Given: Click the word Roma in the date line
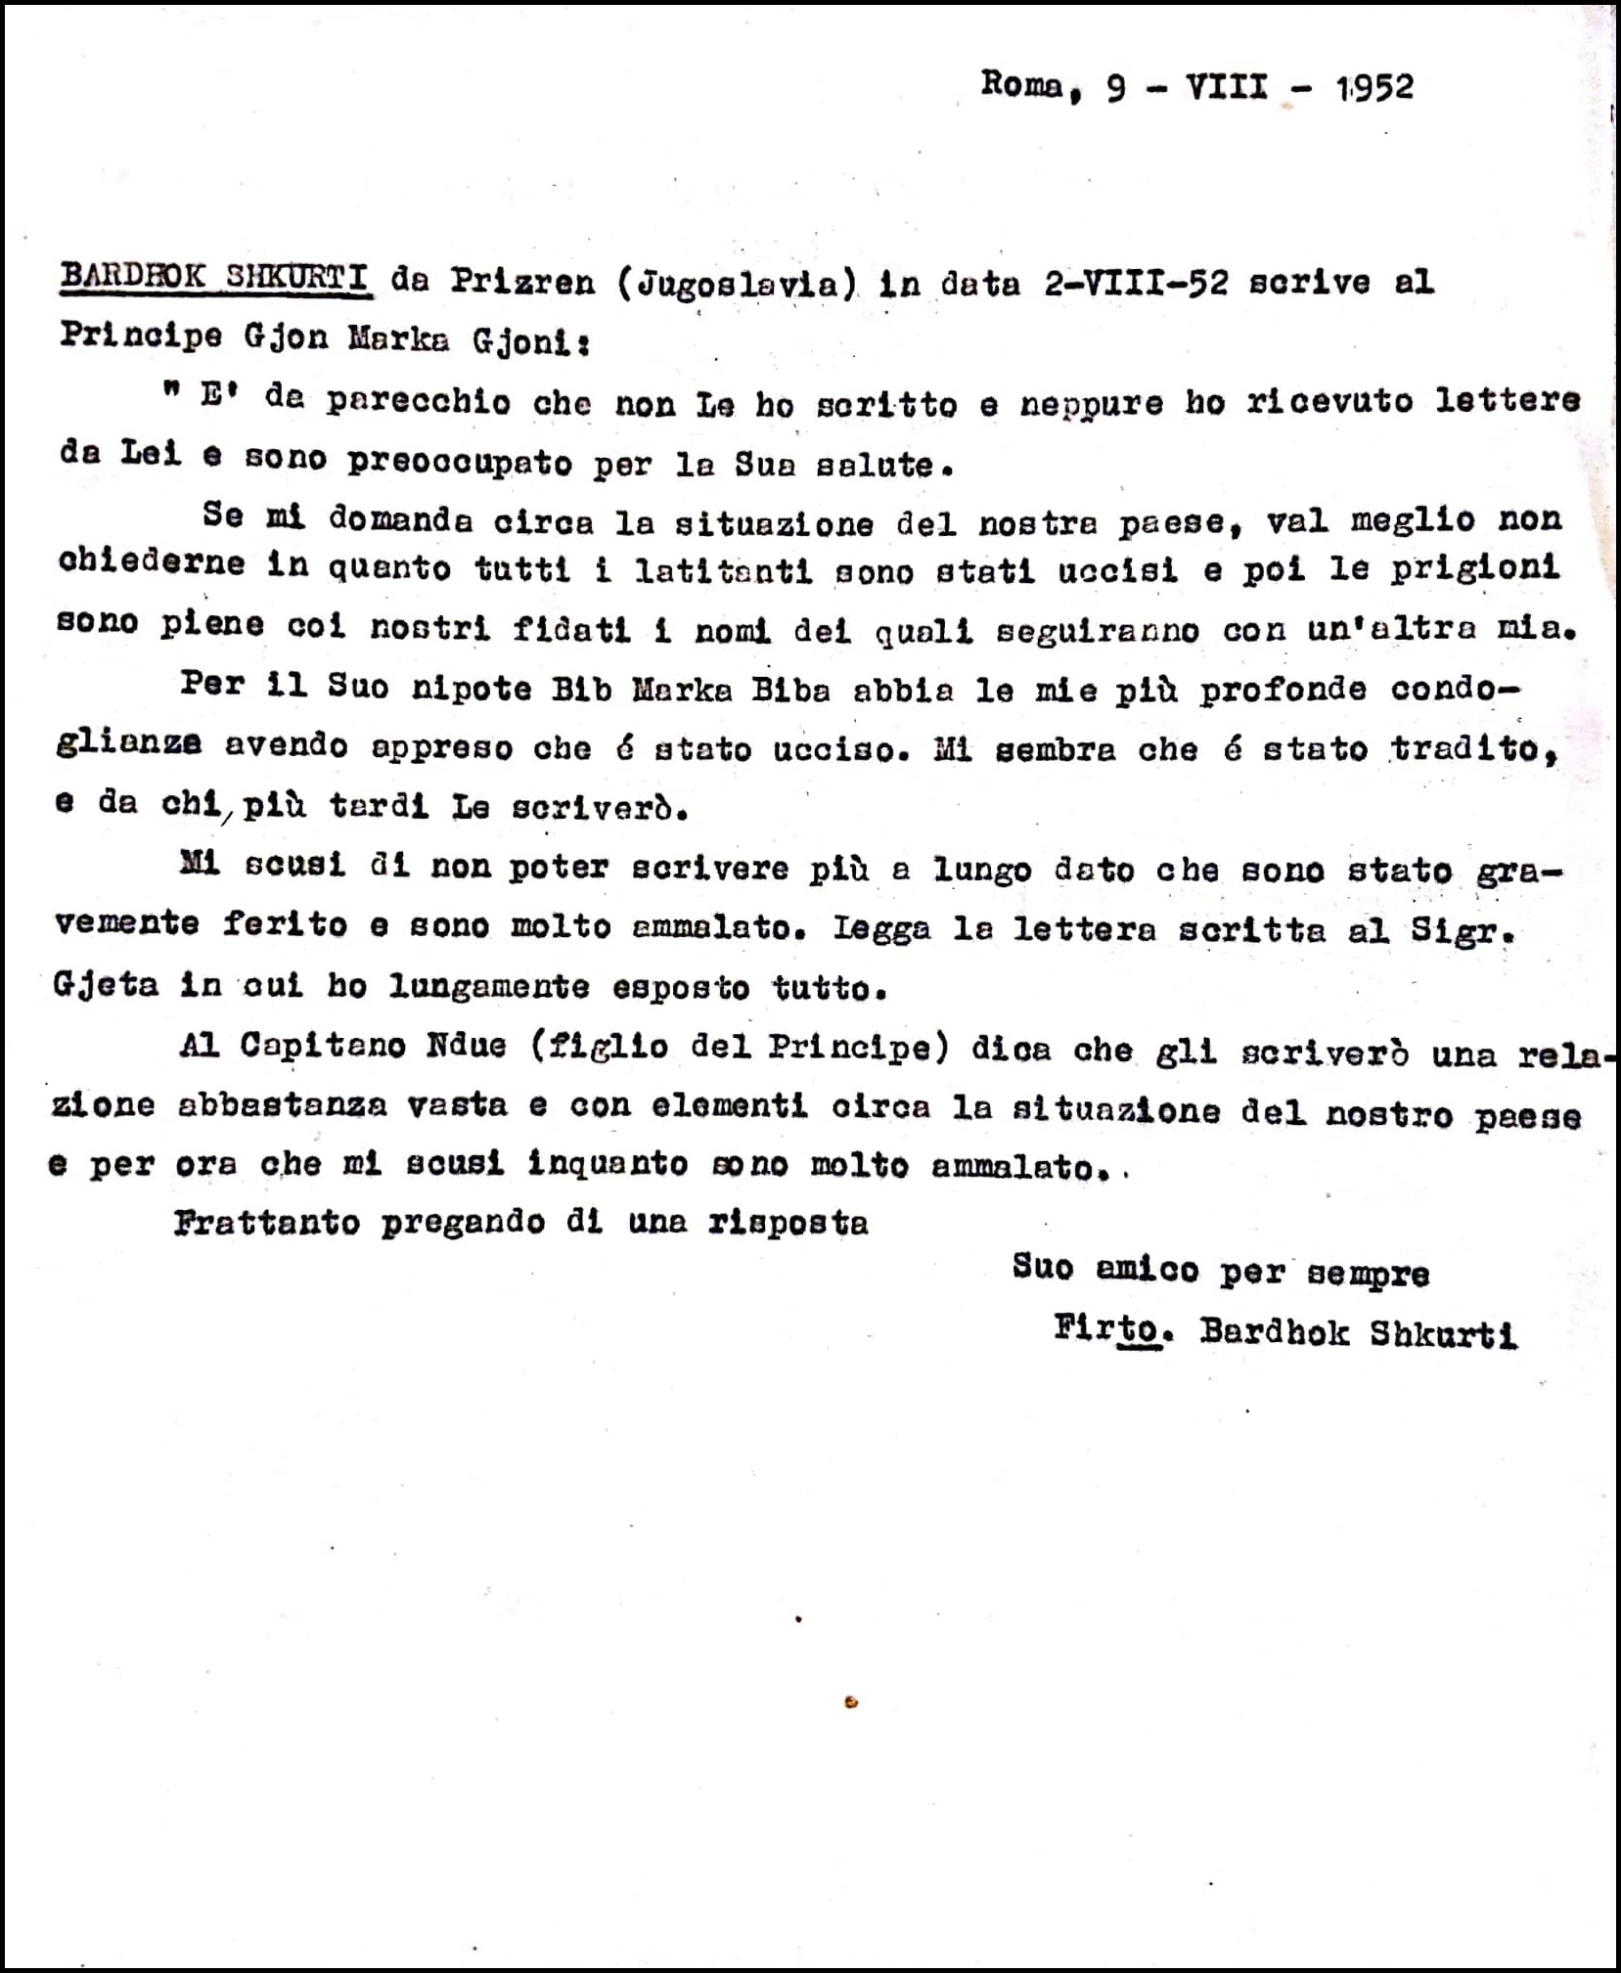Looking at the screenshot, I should coord(1020,85).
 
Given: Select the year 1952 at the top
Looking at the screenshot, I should coord(1374,88).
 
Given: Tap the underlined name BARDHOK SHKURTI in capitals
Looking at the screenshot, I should coord(214,278).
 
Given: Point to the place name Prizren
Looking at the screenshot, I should coord(521,282).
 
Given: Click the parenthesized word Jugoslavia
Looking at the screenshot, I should coord(737,284).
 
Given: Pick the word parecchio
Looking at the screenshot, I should coord(418,402).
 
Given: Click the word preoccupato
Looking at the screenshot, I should coord(459,462).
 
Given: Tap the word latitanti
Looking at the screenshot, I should coord(723,571).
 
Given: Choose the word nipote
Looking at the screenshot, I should coord(472,689).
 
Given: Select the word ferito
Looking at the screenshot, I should coord(284,925).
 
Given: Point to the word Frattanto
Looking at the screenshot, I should coord(266,1223).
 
